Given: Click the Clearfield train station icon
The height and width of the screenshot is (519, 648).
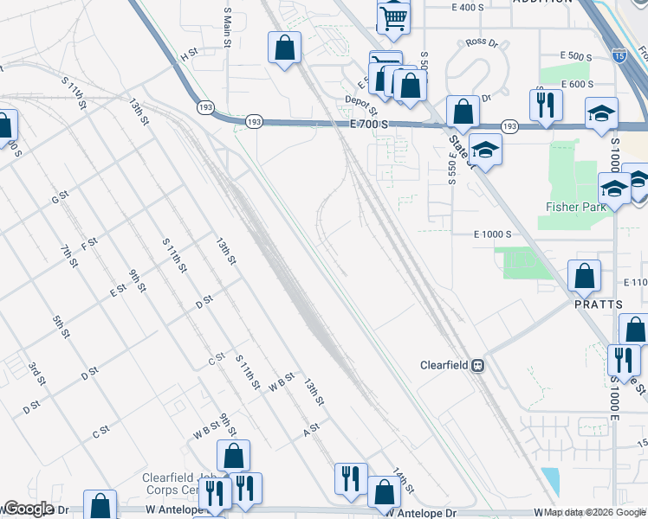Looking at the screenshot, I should pyautogui.click(x=476, y=365).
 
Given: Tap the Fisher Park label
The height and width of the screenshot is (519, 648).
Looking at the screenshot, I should pyautogui.click(x=573, y=207).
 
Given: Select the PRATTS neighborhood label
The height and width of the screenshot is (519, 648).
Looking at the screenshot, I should pyautogui.click(x=598, y=304).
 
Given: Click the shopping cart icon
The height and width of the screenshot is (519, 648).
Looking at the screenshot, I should pyautogui.click(x=393, y=17).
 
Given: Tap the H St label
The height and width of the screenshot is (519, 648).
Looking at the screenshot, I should pyautogui.click(x=189, y=54).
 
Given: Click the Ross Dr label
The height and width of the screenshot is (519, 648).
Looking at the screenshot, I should pyautogui.click(x=482, y=42).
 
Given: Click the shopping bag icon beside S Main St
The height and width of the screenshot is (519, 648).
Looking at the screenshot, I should pyautogui.click(x=284, y=48).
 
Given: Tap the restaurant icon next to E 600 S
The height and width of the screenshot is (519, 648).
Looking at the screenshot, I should pyautogui.click(x=546, y=106).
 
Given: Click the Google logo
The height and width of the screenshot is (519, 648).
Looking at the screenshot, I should pyautogui.click(x=29, y=509).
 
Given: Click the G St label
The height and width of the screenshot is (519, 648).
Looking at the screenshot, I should pyautogui.click(x=60, y=198).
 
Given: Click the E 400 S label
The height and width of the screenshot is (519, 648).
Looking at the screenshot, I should pyautogui.click(x=467, y=7).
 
